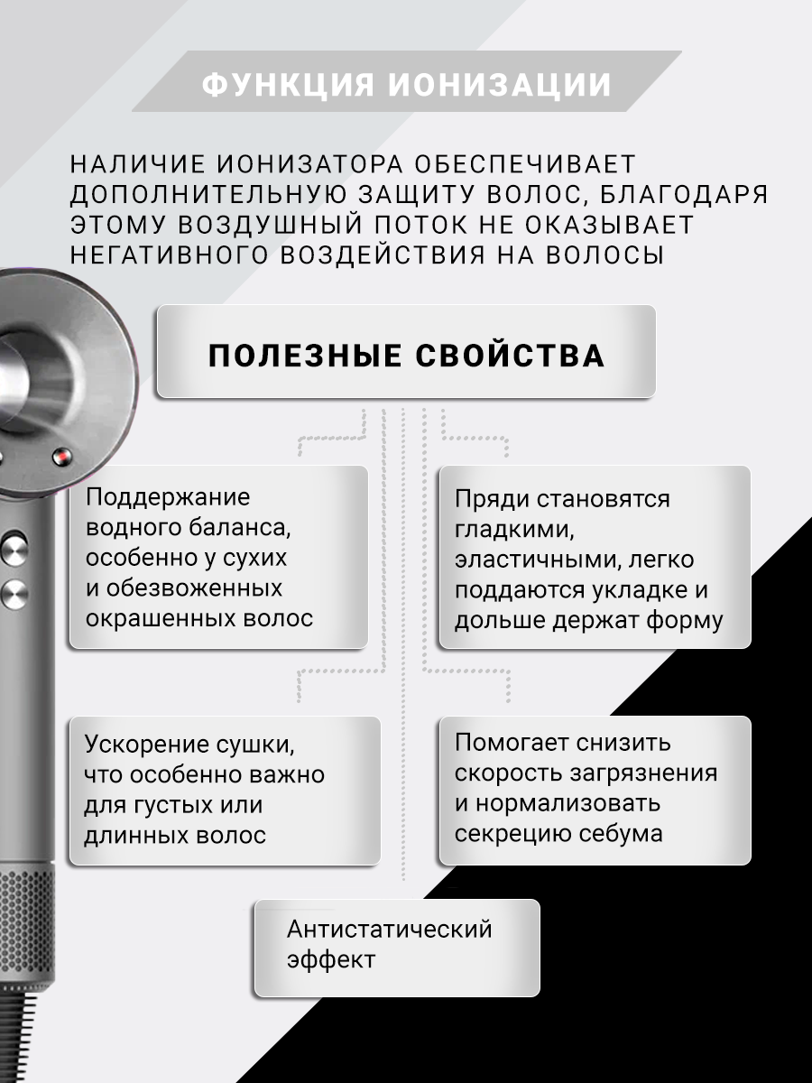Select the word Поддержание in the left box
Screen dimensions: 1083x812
tap(168, 498)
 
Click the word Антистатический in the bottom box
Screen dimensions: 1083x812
tap(389, 929)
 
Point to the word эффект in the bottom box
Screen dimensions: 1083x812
tap(330, 959)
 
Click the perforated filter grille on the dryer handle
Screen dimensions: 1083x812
tap(27, 912)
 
